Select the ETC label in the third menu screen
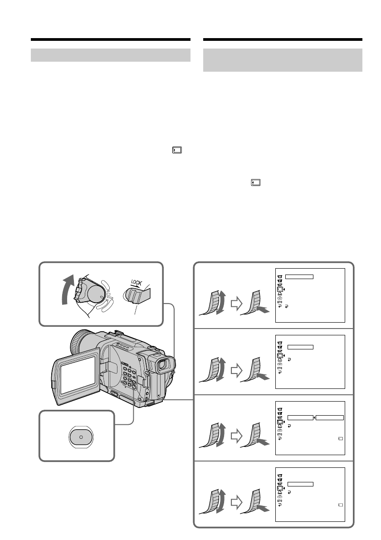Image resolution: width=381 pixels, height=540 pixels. click(x=280, y=435)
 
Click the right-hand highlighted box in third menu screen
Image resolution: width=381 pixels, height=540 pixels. click(x=330, y=417)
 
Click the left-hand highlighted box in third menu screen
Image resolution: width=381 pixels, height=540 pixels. click(x=300, y=417)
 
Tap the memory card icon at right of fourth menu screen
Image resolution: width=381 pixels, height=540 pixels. click(x=340, y=505)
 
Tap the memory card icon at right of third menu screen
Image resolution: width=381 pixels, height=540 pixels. click(x=340, y=439)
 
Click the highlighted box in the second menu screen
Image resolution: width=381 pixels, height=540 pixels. click(x=300, y=347)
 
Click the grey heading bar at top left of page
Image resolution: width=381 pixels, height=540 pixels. click(x=110, y=55)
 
